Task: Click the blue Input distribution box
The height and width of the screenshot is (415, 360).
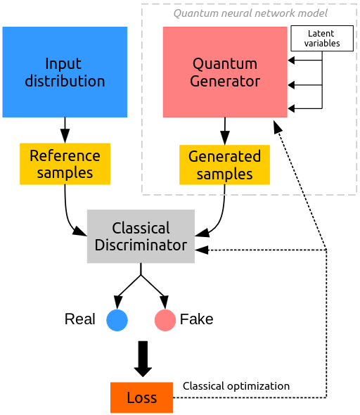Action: click(x=65, y=72)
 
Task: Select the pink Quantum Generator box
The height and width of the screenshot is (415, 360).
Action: click(x=225, y=72)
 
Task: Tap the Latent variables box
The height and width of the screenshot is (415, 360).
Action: click(x=322, y=39)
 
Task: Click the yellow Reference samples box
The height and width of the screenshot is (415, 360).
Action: click(x=65, y=164)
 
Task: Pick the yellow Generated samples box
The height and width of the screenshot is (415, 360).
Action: click(x=224, y=165)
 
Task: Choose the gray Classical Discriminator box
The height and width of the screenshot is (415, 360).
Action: click(x=141, y=236)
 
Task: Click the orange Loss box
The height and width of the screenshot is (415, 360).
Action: click(x=142, y=397)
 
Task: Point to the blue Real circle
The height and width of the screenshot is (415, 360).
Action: click(x=117, y=320)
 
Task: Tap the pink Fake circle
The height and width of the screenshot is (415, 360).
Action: click(x=165, y=320)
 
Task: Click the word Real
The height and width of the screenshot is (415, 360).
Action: click(x=80, y=319)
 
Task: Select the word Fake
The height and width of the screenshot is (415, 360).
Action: click(x=197, y=319)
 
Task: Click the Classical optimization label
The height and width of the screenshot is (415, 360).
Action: click(x=236, y=386)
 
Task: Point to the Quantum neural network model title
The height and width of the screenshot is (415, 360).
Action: click(x=250, y=13)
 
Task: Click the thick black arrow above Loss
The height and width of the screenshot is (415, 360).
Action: click(x=143, y=359)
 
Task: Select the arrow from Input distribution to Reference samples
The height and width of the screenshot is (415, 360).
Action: click(x=65, y=130)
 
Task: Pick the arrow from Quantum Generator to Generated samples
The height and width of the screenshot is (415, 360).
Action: click(x=225, y=132)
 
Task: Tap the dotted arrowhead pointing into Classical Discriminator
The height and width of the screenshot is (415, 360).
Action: click(x=202, y=250)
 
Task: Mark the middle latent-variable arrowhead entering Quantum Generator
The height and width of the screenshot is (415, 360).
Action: click(x=291, y=85)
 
